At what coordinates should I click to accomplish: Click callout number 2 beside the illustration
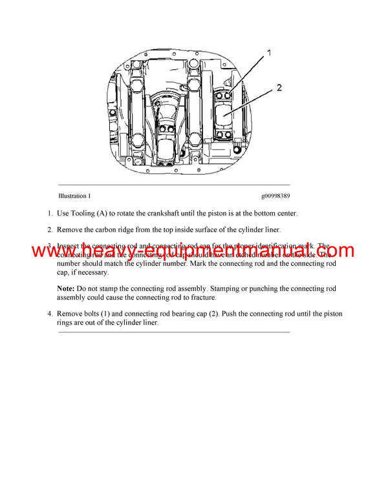(x=279, y=88)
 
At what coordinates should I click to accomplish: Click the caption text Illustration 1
(x=74, y=195)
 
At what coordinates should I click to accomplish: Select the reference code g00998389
(x=275, y=195)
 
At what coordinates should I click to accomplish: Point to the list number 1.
(x=49, y=213)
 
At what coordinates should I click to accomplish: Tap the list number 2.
(x=49, y=229)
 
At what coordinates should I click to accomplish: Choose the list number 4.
(x=49, y=314)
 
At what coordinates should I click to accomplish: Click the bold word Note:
(x=66, y=288)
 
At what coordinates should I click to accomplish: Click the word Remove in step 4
(x=70, y=314)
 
